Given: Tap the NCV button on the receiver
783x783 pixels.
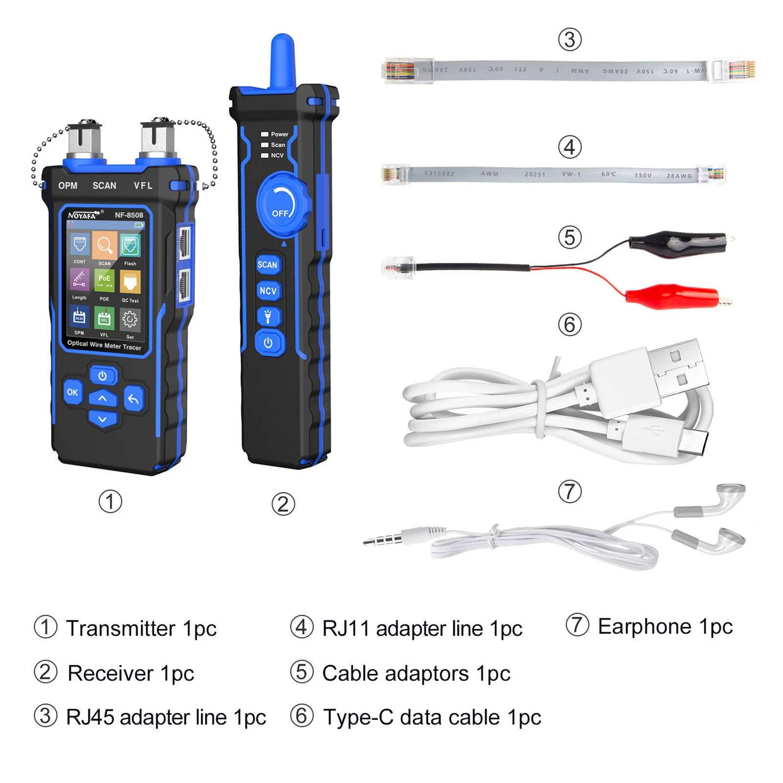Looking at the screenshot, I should pyautogui.click(x=268, y=291).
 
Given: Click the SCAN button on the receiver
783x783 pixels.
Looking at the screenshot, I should pyautogui.click(x=268, y=265).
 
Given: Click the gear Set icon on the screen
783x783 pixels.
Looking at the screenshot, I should pyautogui.click(x=130, y=319).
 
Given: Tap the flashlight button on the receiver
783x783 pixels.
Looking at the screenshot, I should pyautogui.click(x=268, y=317).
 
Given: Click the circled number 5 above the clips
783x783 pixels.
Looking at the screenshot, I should pyautogui.click(x=570, y=238).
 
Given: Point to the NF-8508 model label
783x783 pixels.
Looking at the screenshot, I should pyautogui.click(x=129, y=215).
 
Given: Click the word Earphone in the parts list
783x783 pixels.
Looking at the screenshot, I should pyautogui.click(x=644, y=626).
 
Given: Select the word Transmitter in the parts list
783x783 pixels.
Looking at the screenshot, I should pyautogui.click(x=120, y=628).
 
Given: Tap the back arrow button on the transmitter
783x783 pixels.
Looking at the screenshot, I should pyautogui.click(x=133, y=399).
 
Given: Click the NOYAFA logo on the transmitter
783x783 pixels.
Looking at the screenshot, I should pyautogui.click(x=82, y=215).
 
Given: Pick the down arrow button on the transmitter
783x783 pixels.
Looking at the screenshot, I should pyautogui.click(x=102, y=419).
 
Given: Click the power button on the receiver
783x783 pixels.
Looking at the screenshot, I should pyautogui.click(x=268, y=343).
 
